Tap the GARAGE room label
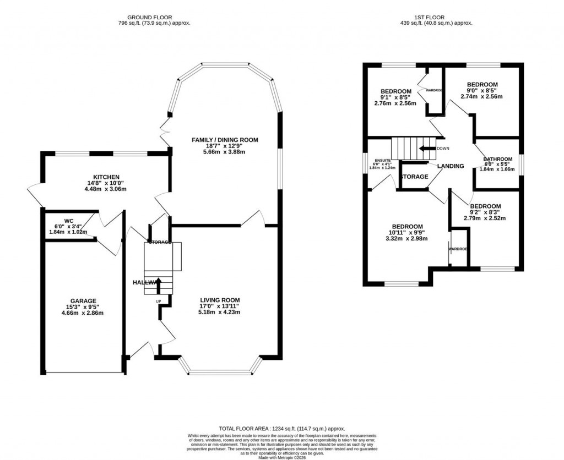point(83,301)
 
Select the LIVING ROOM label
point(220,300)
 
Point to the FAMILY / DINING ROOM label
point(225,140)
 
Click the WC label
point(68,221)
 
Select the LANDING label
point(451,166)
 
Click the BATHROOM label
point(498,159)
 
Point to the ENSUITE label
point(380,160)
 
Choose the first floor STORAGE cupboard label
point(414,177)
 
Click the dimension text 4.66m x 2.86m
point(83,313)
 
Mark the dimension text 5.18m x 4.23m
point(220,312)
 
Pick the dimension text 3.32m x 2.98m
point(407,238)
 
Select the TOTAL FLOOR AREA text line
point(281,428)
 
